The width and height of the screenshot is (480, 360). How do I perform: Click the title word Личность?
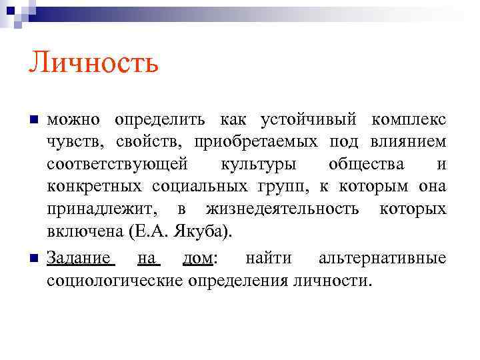pos(93,65)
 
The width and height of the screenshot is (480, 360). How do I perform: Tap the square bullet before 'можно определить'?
pos(33,120)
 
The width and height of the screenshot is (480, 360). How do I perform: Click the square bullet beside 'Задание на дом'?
pos(33,258)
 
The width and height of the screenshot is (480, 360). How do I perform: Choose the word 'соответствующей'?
pos(117,165)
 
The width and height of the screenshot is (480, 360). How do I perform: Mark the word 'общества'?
pos(368,165)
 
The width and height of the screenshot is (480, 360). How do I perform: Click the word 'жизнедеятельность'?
pos(283,210)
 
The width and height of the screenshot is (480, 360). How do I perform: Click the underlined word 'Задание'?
pos(79,257)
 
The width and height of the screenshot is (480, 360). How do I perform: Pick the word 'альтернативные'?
pos(383,257)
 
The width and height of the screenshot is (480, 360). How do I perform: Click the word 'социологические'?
pos(115,280)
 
